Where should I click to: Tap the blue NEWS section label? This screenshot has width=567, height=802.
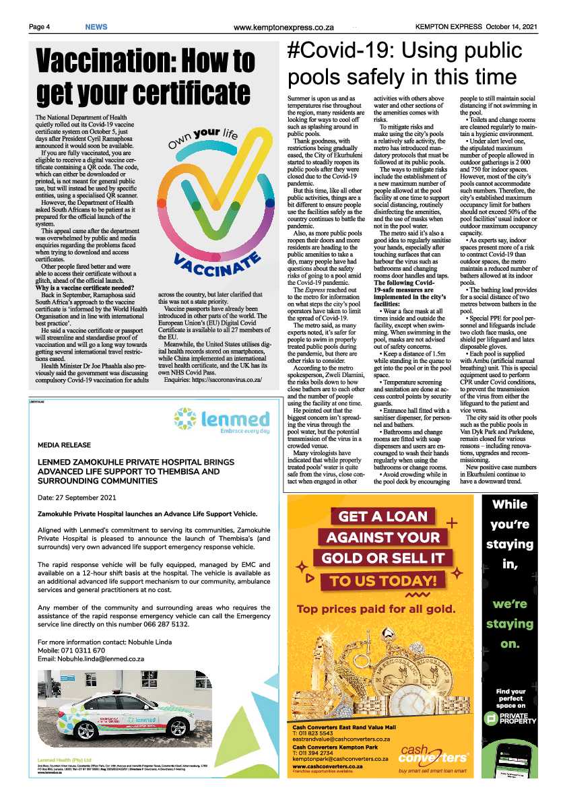96,27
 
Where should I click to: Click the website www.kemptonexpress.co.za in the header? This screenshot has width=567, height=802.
283,28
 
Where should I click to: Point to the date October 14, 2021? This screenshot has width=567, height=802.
511,27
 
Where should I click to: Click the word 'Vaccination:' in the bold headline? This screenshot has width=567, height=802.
112,64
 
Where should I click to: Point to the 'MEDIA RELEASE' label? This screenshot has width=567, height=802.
65,445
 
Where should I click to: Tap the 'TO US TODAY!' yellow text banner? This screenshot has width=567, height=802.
383,580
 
